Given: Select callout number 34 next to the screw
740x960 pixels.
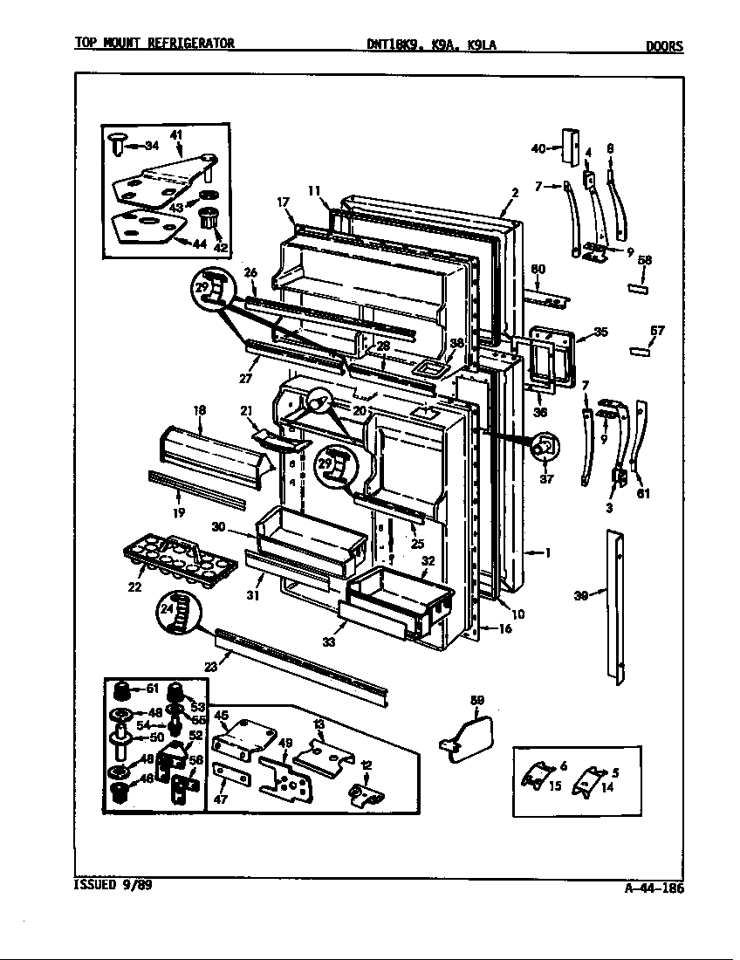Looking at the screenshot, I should click(x=151, y=145).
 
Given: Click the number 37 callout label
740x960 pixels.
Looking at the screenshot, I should click(x=547, y=478).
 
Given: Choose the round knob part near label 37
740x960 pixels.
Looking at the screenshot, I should click(x=545, y=447).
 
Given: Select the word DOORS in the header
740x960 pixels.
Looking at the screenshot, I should click(x=664, y=46).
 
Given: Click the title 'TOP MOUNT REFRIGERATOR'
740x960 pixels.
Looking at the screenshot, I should click(x=154, y=44).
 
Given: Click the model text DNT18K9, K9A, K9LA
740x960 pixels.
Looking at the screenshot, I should click(x=431, y=45).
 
